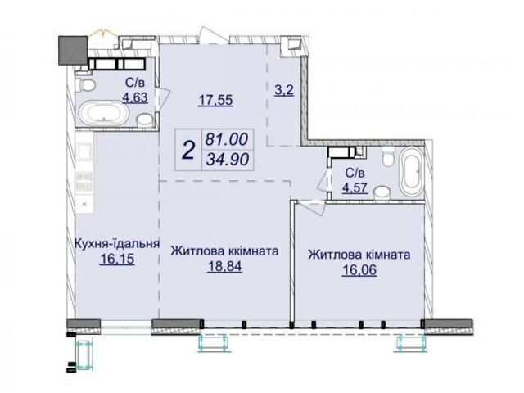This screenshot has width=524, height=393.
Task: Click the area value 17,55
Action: [215, 100]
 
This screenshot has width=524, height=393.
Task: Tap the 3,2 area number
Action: [284, 90]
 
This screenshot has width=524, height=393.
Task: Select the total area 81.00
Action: [228, 139]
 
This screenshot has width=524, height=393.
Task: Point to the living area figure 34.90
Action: [228, 160]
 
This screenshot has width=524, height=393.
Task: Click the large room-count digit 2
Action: [189, 150]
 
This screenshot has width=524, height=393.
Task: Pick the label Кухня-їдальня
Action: [116, 243]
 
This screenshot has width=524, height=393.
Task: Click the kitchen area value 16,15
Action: [117, 259]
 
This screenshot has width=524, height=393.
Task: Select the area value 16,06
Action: [359, 270]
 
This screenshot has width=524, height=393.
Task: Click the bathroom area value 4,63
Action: [135, 97]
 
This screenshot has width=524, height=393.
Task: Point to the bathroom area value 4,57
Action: [355, 187]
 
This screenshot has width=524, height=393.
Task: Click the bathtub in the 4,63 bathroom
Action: [103, 113]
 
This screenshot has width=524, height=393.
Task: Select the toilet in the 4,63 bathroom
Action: [86, 85]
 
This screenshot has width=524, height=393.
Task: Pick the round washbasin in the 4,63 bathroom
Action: [144, 120]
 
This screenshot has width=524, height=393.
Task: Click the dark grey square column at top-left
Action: [73, 50]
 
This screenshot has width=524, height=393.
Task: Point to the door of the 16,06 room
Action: [311, 207]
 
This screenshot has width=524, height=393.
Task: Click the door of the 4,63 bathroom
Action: [164, 98]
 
